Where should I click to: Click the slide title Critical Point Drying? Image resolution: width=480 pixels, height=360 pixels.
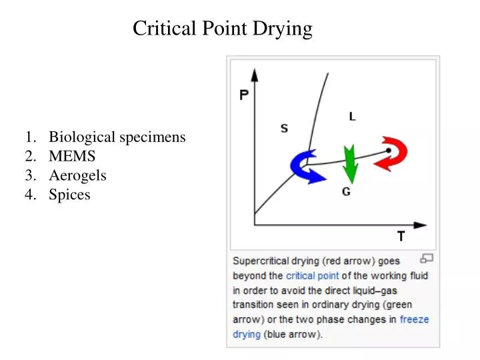pyautogui.click(x=222, y=29)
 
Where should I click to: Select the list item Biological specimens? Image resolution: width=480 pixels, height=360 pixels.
pyautogui.click(x=117, y=137)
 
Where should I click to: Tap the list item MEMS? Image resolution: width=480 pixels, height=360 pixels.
pyautogui.click(x=72, y=157)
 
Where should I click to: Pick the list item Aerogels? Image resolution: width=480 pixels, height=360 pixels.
pyautogui.click(x=77, y=176)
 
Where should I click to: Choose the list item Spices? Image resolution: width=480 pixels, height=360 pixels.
pyautogui.click(x=69, y=195)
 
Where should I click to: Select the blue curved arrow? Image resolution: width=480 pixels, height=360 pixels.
pyautogui.click(x=307, y=166)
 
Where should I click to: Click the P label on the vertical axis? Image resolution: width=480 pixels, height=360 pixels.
pyautogui.click(x=245, y=95)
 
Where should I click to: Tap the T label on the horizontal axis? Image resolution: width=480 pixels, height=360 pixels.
pyautogui.click(x=401, y=237)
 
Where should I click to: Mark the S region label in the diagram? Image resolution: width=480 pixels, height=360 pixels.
pyautogui.click(x=284, y=128)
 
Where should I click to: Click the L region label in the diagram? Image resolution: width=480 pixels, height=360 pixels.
pyautogui.click(x=352, y=117)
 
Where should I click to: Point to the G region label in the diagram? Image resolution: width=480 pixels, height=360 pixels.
pyautogui.click(x=347, y=192)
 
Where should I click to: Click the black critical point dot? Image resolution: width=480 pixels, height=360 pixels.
pyautogui.click(x=389, y=151)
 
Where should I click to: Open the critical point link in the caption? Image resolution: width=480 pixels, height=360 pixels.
pyautogui.click(x=312, y=275)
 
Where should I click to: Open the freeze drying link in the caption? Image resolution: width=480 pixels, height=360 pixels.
pyautogui.click(x=414, y=319)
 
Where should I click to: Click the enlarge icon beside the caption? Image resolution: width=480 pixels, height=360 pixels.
pyautogui.click(x=427, y=259)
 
